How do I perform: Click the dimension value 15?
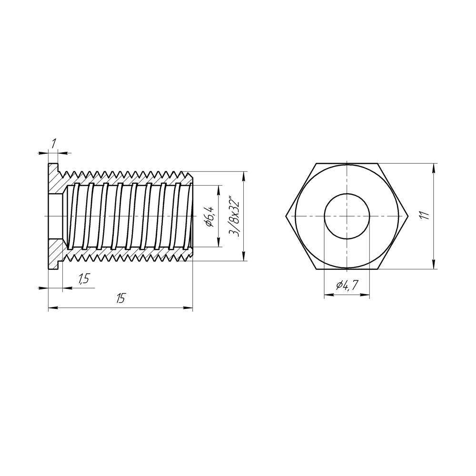coord(120,299)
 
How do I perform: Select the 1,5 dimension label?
coord(84,279)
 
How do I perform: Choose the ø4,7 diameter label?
coord(347,286)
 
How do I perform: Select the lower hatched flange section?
coord(56,250)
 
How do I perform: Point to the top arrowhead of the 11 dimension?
coord(434,167)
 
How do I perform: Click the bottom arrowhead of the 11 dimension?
coord(434,266)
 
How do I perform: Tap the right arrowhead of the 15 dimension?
coord(189,308)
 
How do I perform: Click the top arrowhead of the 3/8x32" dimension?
coord(244,175)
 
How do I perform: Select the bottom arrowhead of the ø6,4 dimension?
coord(219,244)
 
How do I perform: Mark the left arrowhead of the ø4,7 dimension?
coord(328,295)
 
